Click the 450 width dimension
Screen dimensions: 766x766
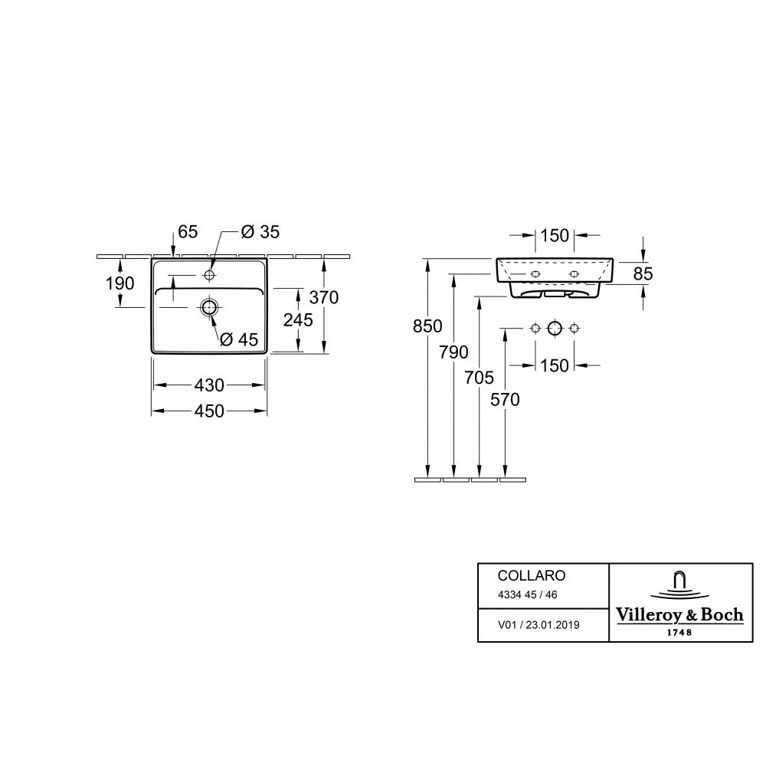coord(209,411)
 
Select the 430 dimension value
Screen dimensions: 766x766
coord(209,385)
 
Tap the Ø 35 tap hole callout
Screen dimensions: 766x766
coord(260,231)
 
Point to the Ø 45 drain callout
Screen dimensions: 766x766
coord(239,339)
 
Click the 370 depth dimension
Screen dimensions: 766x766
coord(324,297)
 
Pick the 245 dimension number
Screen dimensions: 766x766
coord(298,320)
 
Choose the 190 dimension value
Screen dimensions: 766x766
coord(119,283)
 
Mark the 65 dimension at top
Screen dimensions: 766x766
coord(188,231)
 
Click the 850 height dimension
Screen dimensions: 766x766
coord(427,326)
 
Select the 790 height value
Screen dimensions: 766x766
coord(453,352)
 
